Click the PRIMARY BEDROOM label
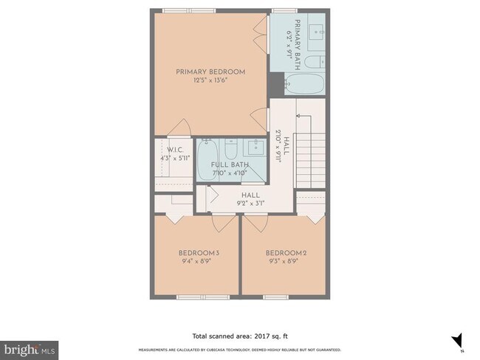(x=210, y=72)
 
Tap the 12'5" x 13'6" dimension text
(x=210, y=80)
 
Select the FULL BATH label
(x=229, y=165)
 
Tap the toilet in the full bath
(x=231, y=150)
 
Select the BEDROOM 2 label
(x=286, y=252)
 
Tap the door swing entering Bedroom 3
(x=224, y=219)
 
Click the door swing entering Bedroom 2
(x=257, y=219)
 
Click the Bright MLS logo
(x=30, y=347)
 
